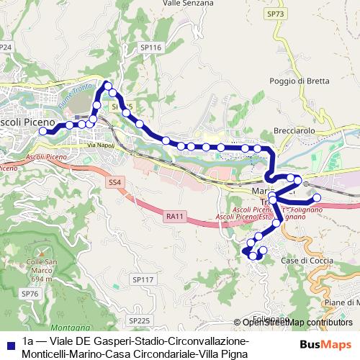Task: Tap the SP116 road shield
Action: pyautogui.click(x=150, y=47)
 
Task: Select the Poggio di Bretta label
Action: pyautogui.click(x=299, y=81)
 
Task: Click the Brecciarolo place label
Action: pyautogui.click(x=294, y=131)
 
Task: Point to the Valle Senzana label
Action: pyautogui.click(x=188, y=4)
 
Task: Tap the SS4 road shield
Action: pyautogui.click(x=115, y=183)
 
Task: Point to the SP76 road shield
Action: pyautogui.click(x=30, y=294)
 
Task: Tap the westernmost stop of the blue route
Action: pyautogui.click(x=42, y=132)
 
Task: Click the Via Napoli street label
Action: pyautogui.click(x=101, y=145)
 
